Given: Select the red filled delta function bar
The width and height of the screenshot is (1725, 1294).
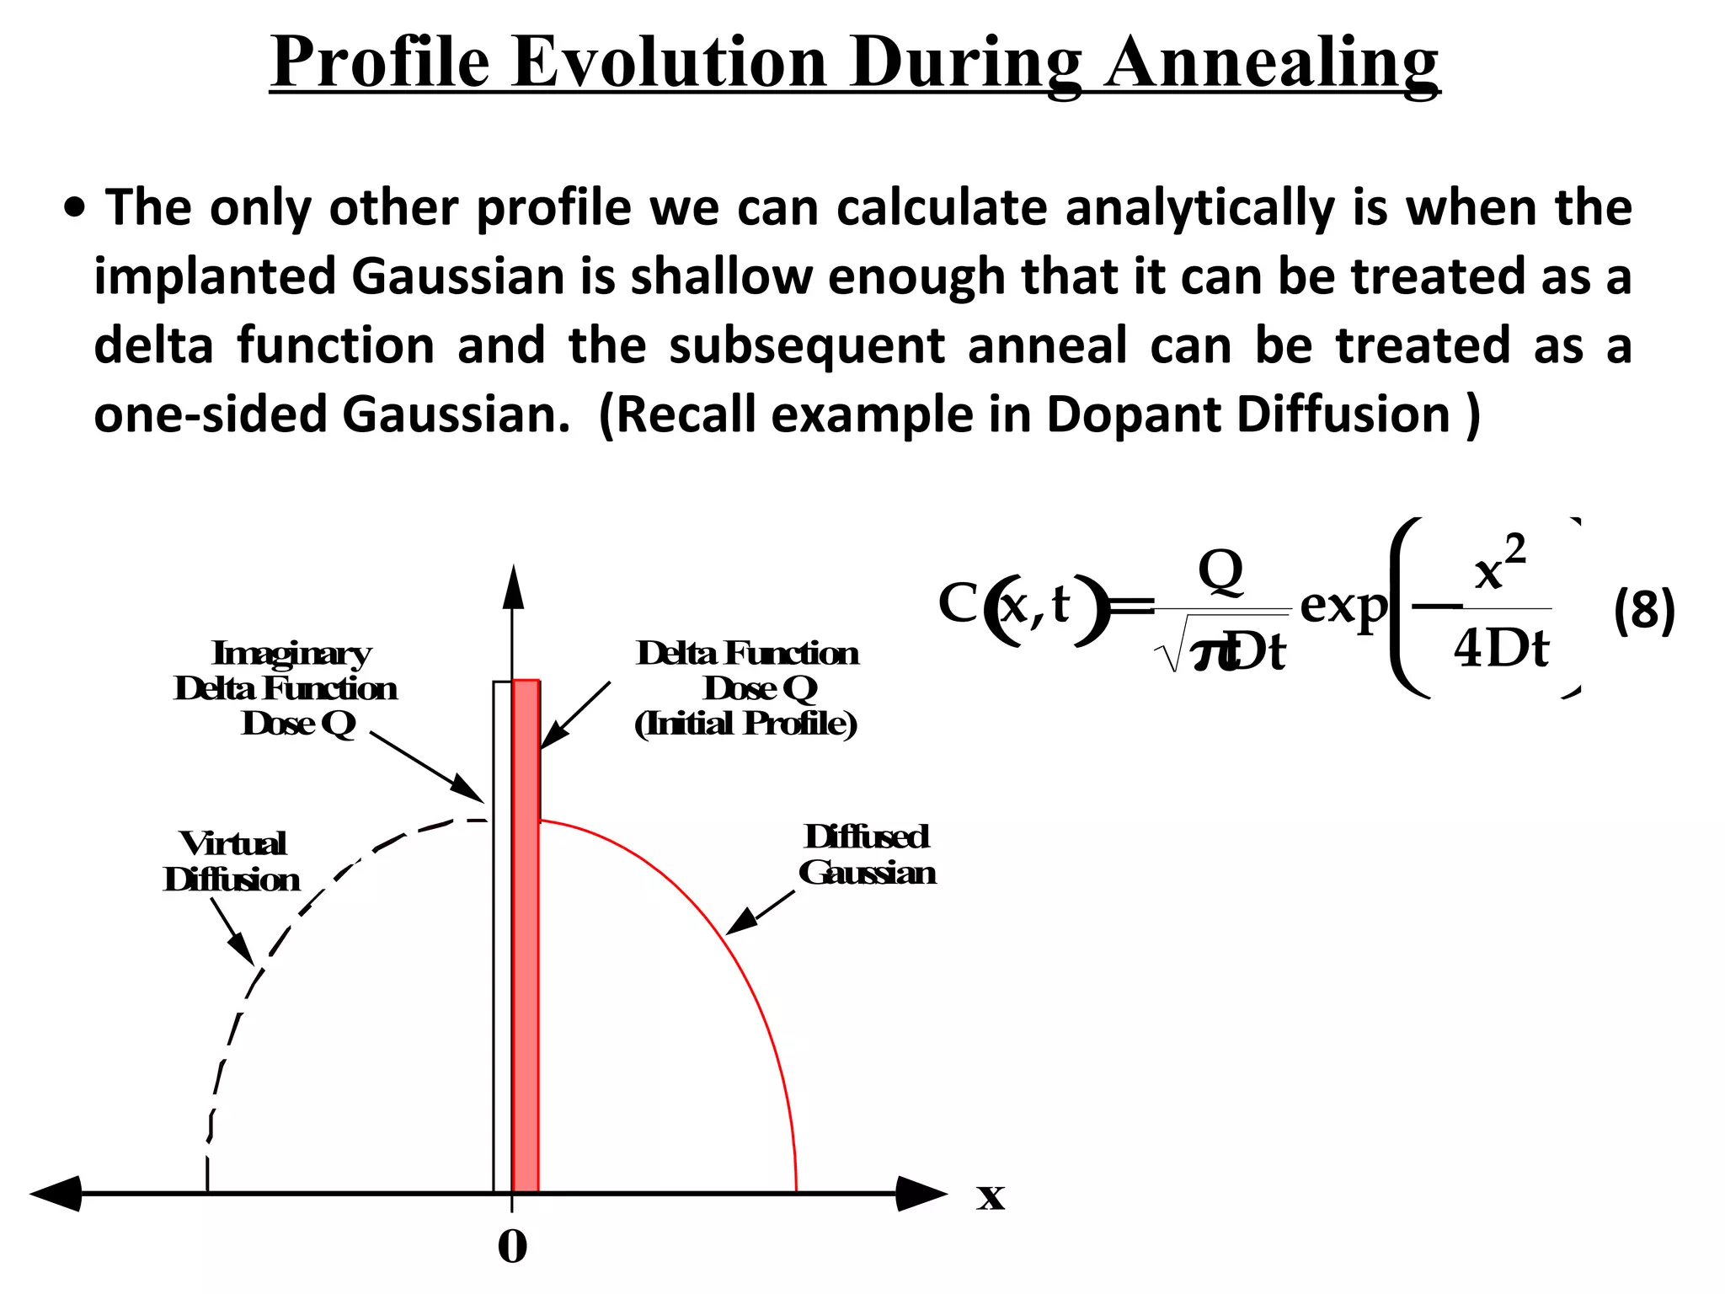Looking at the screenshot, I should click(x=526, y=935).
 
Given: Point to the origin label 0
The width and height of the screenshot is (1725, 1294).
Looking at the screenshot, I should click(x=512, y=1247).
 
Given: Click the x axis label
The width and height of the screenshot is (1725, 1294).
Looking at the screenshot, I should click(x=991, y=1196).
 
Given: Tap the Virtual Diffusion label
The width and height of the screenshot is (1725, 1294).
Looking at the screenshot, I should click(x=232, y=861).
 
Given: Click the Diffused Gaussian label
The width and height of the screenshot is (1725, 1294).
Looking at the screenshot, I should click(x=867, y=854).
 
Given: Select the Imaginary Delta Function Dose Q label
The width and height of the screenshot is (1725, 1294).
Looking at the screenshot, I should click(x=286, y=688).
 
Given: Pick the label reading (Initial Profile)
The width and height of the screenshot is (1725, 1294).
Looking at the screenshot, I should click(x=746, y=724).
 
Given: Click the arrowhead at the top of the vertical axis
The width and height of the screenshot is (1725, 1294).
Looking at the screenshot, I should click(x=513, y=587).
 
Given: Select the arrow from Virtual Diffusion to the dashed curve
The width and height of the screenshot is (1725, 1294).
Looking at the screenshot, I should click(x=233, y=932).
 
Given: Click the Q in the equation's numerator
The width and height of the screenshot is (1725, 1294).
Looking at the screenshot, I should click(x=1220, y=570).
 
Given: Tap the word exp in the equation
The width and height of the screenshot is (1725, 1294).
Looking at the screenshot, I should click(x=1343, y=607).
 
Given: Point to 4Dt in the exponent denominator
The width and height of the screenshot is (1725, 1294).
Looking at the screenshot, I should click(x=1501, y=649).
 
